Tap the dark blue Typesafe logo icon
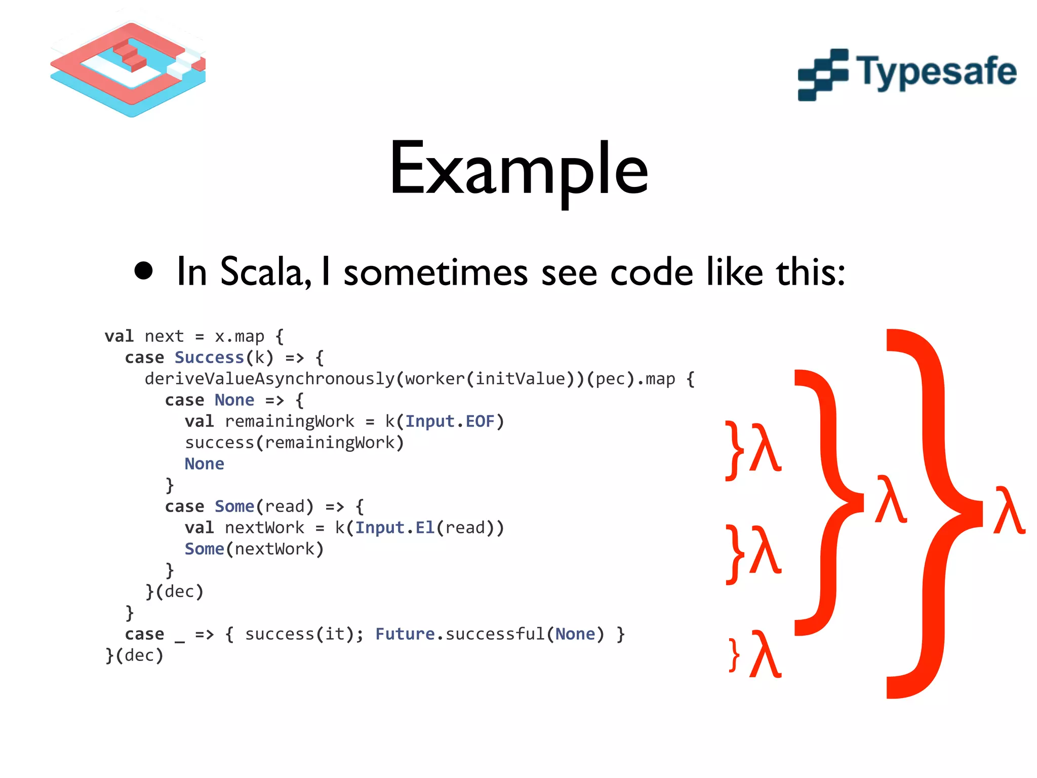pos(823,75)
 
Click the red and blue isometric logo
pos(128,68)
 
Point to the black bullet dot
pos(144,270)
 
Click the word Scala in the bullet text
pos(263,272)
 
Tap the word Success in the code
pos(209,358)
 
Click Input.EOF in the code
pos(449,421)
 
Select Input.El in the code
pos(394,528)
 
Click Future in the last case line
pos(405,634)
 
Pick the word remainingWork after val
pos(290,421)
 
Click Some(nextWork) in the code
pos(254,549)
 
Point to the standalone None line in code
pos(204,464)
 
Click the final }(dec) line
pos(134,655)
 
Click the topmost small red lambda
pos(765,448)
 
